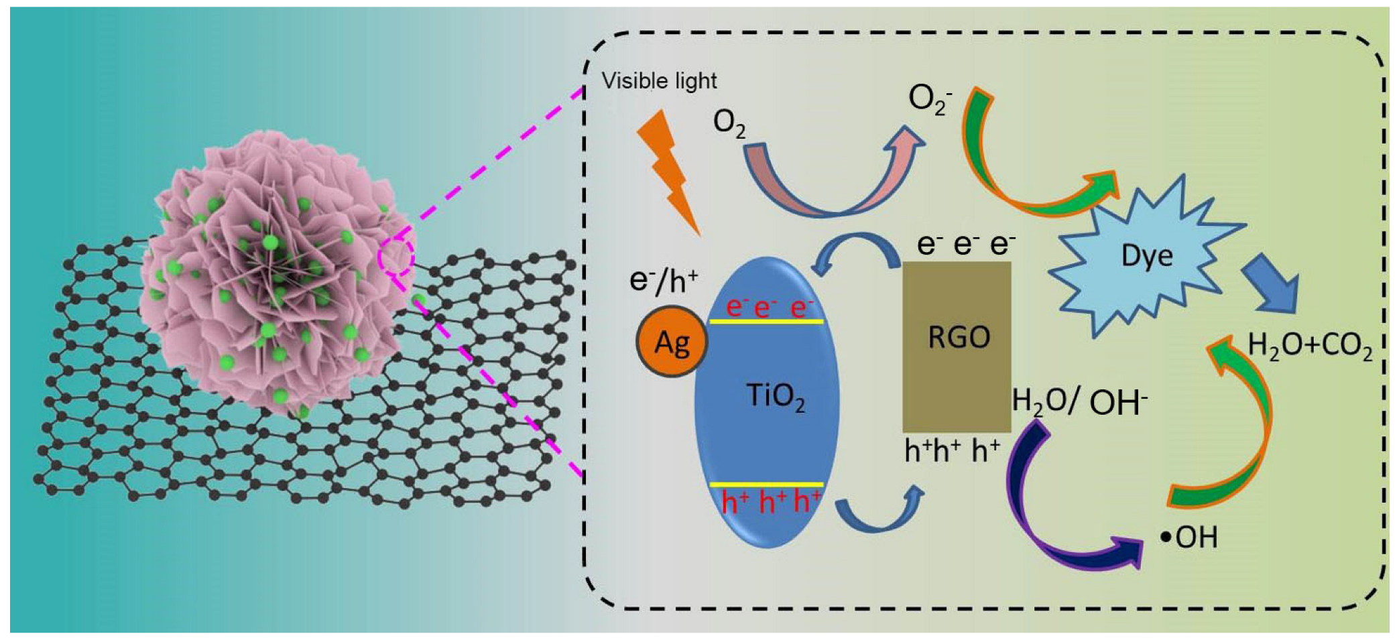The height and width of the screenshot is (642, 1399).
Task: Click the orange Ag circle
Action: click(x=672, y=342)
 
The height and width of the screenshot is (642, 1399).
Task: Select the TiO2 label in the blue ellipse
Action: click(x=776, y=397)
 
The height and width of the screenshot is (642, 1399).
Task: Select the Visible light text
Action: click(x=659, y=81)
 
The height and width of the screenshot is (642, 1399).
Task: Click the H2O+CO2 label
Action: click(x=1309, y=346)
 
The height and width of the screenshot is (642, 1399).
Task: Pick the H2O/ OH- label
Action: click(x=1079, y=402)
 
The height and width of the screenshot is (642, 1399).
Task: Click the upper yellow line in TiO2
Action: click(x=766, y=322)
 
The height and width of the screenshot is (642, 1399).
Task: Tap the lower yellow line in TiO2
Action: click(x=766, y=484)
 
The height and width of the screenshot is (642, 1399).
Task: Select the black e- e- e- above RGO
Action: click(x=965, y=245)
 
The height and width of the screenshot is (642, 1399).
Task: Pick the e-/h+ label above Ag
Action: click(x=664, y=280)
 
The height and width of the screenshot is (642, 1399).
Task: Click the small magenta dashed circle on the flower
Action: click(x=396, y=256)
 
